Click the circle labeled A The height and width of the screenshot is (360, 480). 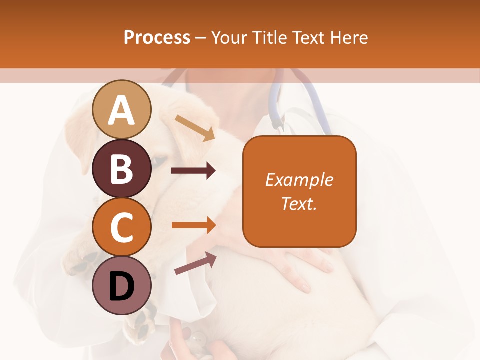122,109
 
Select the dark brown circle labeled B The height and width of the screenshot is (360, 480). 122,168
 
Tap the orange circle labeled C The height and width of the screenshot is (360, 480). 122,227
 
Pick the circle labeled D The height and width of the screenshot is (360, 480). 122,285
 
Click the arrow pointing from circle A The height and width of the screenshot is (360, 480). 195,128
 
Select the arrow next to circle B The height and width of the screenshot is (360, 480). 193,171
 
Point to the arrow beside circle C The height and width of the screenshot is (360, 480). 193,225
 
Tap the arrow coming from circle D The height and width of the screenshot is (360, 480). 195,263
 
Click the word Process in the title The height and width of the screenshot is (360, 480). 157,37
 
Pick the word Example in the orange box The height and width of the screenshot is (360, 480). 299,180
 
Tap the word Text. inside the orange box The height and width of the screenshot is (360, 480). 299,203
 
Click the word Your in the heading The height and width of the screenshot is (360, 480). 229,37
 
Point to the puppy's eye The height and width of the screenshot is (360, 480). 159,160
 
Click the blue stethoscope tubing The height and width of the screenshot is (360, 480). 274,107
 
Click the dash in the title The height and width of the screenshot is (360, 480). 201,38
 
